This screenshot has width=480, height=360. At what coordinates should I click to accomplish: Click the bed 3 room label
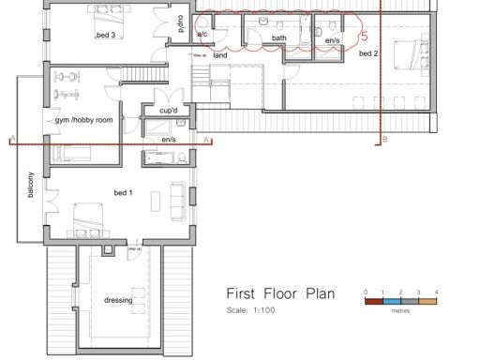[105, 36]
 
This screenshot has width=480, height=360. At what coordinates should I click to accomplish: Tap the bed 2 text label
[368, 54]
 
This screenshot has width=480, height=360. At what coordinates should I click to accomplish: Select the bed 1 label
[124, 192]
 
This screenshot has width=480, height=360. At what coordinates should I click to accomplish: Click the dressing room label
[118, 300]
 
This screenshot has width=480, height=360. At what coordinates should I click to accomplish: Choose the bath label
[278, 38]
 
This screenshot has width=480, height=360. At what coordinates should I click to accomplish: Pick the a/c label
[202, 35]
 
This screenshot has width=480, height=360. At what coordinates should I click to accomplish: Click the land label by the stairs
[220, 55]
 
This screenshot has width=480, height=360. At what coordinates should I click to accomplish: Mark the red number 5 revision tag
[364, 36]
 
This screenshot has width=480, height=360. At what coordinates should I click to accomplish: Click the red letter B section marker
[385, 140]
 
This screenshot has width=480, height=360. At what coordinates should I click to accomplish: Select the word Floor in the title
[272, 293]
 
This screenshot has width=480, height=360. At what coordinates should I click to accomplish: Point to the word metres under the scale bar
[400, 309]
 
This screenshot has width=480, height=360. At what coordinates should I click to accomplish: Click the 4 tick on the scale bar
[436, 292]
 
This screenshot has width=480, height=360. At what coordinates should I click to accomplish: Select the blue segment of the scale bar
[392, 300]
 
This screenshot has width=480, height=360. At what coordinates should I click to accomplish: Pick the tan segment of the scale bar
[427, 300]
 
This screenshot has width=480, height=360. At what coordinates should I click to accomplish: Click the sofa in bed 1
[177, 201]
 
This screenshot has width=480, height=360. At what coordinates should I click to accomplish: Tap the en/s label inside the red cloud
[332, 41]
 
